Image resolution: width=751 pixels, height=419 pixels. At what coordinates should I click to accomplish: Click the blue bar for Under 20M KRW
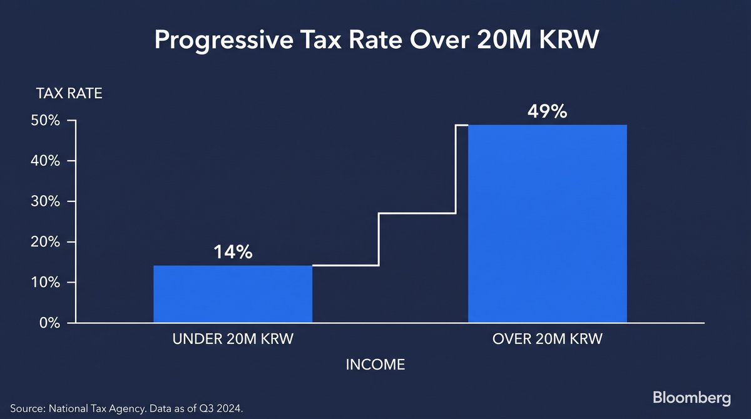point(233,294)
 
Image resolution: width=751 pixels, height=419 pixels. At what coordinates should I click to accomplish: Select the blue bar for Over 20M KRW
point(548,224)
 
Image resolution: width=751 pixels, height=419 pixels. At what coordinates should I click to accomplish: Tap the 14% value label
point(233,252)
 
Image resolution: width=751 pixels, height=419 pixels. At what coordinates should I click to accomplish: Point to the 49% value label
point(547,111)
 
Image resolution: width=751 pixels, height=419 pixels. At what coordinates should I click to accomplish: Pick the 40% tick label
point(45,161)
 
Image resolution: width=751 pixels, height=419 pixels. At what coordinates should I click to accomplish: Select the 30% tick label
point(45,201)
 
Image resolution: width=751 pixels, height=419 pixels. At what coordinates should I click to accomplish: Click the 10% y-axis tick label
point(45,283)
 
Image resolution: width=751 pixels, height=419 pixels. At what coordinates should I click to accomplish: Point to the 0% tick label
point(49,323)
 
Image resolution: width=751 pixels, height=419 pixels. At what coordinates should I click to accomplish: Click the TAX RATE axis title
point(69,93)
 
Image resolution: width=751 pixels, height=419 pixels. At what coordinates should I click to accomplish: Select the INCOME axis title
point(375,365)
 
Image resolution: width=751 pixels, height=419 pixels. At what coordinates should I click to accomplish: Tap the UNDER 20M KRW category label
point(233,339)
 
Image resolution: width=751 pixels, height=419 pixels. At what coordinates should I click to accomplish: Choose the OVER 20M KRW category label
point(548,339)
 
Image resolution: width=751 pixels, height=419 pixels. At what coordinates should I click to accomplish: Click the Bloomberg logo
point(692,398)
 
